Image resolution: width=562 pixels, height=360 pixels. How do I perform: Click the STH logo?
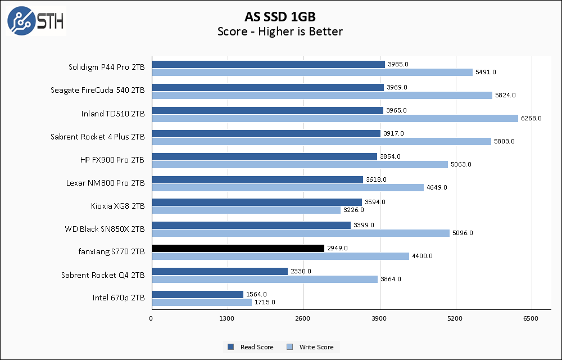pyautogui.click(x=35, y=21)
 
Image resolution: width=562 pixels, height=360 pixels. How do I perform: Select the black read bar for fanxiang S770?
pyautogui.click(x=238, y=248)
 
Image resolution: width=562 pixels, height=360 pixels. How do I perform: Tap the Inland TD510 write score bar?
pyautogui.click(x=334, y=118)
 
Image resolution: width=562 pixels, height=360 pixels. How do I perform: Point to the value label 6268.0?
pyautogui.click(x=531, y=118)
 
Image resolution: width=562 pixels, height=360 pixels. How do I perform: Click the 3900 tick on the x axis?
pyautogui.click(x=379, y=319)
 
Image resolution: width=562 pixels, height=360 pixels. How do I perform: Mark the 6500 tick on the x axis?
pyautogui.click(x=531, y=319)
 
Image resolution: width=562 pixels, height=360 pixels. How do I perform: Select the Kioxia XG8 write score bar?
pyautogui.click(x=246, y=210)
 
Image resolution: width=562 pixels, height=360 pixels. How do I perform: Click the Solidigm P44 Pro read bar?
pyautogui.click(x=268, y=64)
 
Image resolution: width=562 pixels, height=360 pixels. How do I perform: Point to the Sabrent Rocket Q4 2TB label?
pyautogui.click(x=103, y=275)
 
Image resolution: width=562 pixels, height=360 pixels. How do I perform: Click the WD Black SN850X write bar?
pyautogui.click(x=300, y=233)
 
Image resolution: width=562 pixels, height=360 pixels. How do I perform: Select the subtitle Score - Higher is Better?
pyautogui.click(x=280, y=31)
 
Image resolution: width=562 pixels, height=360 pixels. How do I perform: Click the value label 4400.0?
pyautogui.click(x=422, y=256)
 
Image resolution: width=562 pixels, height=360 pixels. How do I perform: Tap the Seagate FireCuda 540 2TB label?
pyautogui.click(x=97, y=91)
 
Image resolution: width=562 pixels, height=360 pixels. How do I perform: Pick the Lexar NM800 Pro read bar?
pyautogui.click(x=257, y=179)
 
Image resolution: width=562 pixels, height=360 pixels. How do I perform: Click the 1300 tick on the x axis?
pyautogui.click(x=227, y=319)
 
